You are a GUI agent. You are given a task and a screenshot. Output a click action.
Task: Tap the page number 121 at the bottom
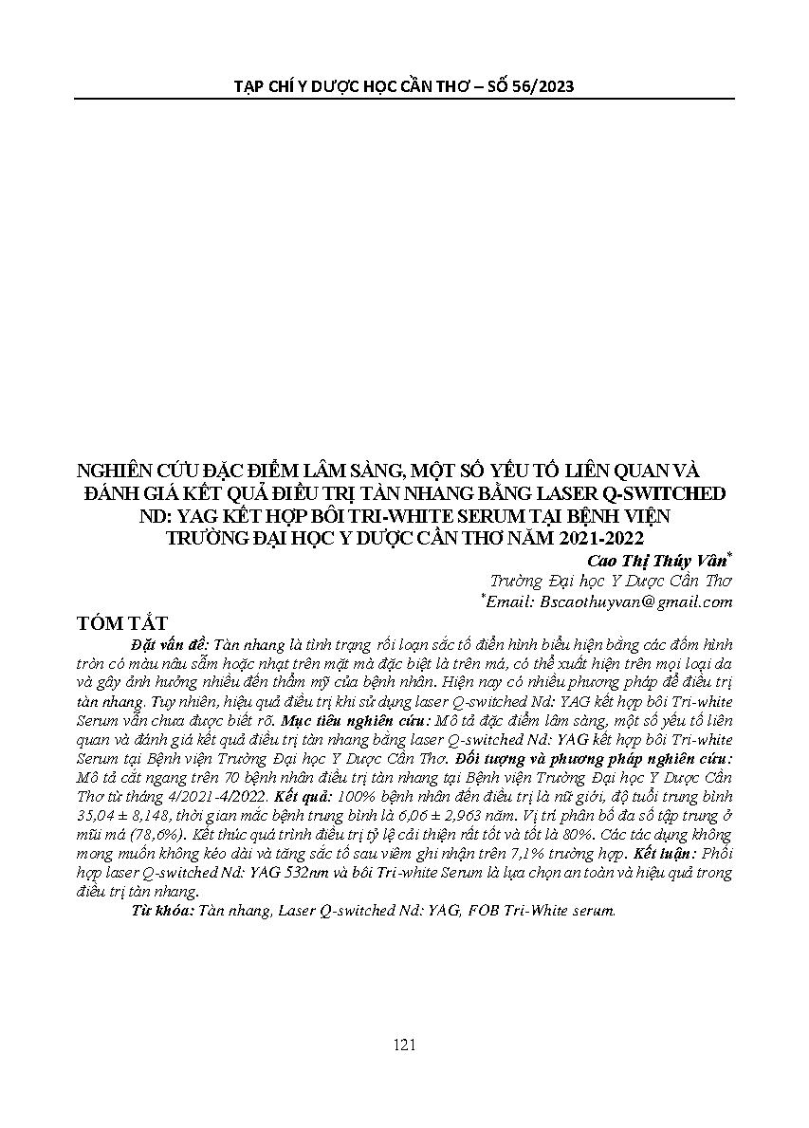pos(404,1045)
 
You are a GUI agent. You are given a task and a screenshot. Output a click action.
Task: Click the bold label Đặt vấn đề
pos(164,643)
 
